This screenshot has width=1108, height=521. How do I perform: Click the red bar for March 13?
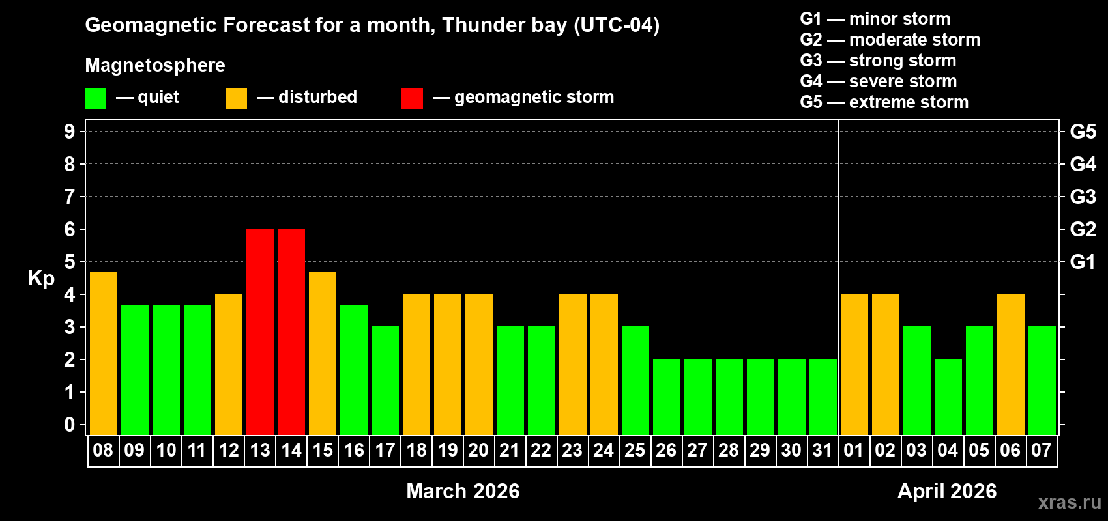pos(260,332)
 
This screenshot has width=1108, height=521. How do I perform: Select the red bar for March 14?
pos(291,332)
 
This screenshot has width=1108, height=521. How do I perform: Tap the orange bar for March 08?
pos(104,354)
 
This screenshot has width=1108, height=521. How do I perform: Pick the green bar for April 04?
pos(948,397)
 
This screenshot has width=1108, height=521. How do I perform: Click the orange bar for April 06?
pos(1011,364)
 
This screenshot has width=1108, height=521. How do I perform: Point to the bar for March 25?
pos(635,380)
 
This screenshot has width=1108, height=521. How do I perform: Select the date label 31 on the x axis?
pos(823,450)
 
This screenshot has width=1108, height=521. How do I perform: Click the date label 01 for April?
pos(854,450)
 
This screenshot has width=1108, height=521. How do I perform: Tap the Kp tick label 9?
pos(70,132)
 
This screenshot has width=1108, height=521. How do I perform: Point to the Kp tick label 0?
pos(70,425)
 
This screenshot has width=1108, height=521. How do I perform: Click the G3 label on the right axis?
pos(1083,197)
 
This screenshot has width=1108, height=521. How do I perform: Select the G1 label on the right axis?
pos(1083,262)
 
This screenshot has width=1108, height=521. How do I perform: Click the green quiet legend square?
pos(96,98)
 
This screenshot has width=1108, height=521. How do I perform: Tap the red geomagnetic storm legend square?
pos(412,98)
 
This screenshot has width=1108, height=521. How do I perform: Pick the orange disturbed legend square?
pos(236,98)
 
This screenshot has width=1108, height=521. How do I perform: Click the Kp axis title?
pos(41,278)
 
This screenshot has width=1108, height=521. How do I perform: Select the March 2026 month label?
pos(463,490)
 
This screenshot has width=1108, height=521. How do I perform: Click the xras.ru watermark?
pos(1070,501)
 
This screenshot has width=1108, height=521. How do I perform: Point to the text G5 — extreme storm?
pos(884,102)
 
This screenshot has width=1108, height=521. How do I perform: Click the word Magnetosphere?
pos(155,65)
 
